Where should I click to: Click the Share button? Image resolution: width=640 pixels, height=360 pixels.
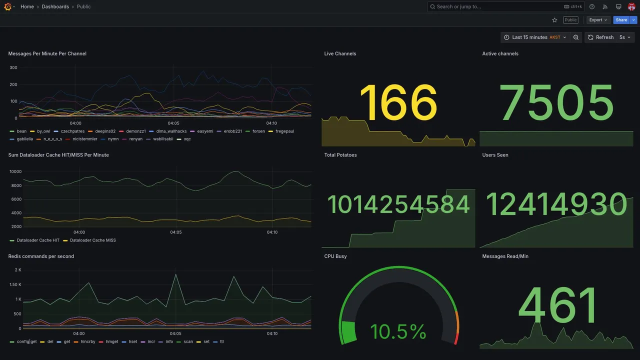click(621, 20)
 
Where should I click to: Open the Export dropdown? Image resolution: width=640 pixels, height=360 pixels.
click(598, 20)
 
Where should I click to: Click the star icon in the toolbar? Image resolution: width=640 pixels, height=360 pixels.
click(554, 20)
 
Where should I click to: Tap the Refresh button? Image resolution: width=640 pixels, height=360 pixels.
click(600, 37)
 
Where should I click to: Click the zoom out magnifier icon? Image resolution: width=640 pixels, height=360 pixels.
click(576, 37)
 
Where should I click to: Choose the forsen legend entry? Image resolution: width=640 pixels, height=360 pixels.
click(258, 131)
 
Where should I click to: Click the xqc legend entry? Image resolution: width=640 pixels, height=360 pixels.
click(187, 139)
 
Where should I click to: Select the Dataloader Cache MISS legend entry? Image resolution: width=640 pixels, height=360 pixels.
click(92, 240)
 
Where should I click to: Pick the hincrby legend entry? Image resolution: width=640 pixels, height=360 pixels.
click(87, 342)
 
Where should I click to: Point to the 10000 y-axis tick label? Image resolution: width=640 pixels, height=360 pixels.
click(15, 171)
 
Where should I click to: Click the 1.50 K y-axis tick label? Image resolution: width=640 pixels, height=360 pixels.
click(15, 284)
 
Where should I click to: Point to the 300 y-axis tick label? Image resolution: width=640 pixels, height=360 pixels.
click(13, 67)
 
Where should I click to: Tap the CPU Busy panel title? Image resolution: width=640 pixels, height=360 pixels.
click(335, 256)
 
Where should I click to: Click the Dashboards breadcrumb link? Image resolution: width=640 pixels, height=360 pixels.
click(55, 6)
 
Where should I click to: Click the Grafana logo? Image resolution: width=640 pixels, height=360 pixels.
click(7, 6)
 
